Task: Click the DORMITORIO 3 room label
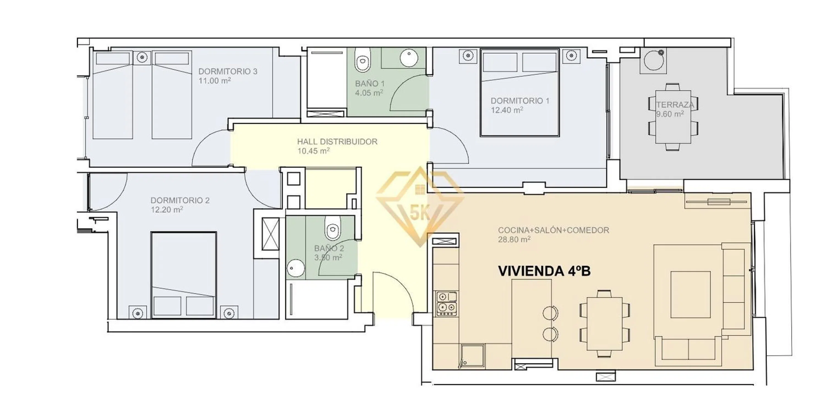(x=228, y=71)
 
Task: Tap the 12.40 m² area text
(x=507, y=110)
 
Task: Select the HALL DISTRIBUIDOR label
(x=337, y=142)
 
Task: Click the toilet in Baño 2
(x=332, y=228)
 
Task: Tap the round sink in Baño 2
(x=295, y=268)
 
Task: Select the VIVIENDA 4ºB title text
(x=544, y=271)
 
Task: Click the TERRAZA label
(x=675, y=105)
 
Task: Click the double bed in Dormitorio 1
(x=520, y=92)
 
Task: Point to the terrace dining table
(x=673, y=117)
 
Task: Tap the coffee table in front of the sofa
(x=690, y=294)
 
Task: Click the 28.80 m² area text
(x=514, y=240)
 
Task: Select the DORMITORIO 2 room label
(x=180, y=200)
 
